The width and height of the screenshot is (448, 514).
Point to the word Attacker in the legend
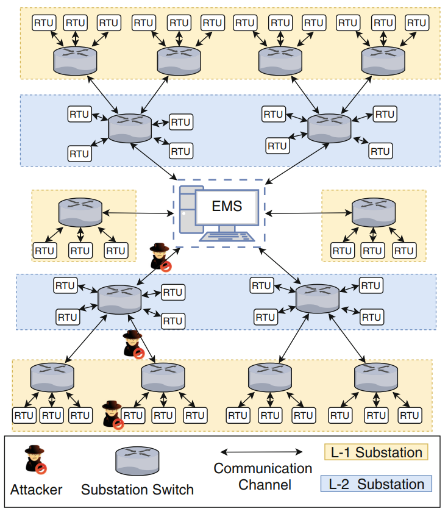pyautogui.click(x=36, y=490)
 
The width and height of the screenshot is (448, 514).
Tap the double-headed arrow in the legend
pyautogui.click(x=261, y=452)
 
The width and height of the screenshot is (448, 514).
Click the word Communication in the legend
pyautogui.click(x=263, y=469)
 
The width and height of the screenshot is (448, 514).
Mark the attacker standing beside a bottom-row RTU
pyautogui.click(x=113, y=414)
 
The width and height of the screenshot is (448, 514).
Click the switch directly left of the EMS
pyautogui.click(x=80, y=212)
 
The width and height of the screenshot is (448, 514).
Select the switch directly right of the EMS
pyautogui.click(x=373, y=212)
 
